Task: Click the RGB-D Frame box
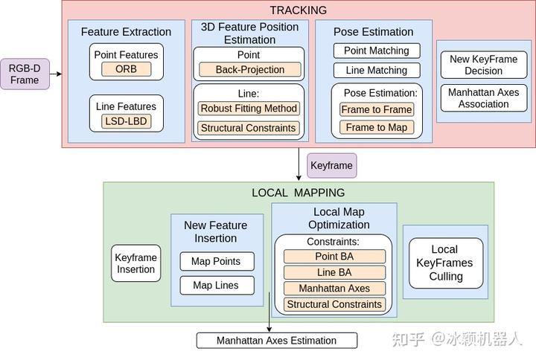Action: pyautogui.click(x=25, y=74)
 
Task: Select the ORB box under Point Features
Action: pyautogui.click(x=126, y=69)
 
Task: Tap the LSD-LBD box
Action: pyautogui.click(x=126, y=120)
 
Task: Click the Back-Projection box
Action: pyautogui.click(x=250, y=70)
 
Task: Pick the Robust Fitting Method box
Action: pyautogui.click(x=249, y=109)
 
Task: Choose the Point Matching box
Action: pyautogui.click(x=376, y=51)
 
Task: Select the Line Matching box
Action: pyautogui.click(x=376, y=71)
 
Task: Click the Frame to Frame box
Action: pyautogui.click(x=376, y=109)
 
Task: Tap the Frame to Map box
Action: pyautogui.click(x=376, y=127)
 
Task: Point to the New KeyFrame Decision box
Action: pyautogui.click(x=483, y=65)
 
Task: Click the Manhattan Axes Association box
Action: pyautogui.click(x=483, y=98)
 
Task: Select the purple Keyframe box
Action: pyautogui.click(x=331, y=166)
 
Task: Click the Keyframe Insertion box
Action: pyautogui.click(x=135, y=263)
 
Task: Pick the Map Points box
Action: pyautogui.click(x=217, y=262)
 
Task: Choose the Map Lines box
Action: pyautogui.click(x=217, y=285)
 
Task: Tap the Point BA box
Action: pyautogui.click(x=334, y=257)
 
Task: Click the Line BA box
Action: pyautogui.click(x=334, y=272)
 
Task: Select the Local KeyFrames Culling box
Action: pyautogui.click(x=445, y=263)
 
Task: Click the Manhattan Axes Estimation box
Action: pyautogui.click(x=276, y=341)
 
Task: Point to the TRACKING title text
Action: pyautogui.click(x=298, y=10)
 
